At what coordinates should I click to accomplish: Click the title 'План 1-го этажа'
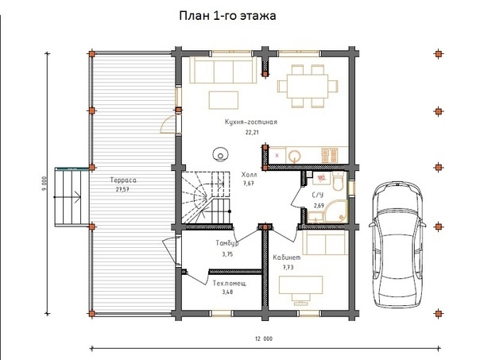tap(227, 16)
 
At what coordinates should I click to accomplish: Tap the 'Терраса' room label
tap(123, 180)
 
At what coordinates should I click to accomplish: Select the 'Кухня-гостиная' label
tap(250, 122)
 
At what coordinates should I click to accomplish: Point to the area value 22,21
tap(251, 133)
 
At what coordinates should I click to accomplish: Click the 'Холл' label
tap(249, 175)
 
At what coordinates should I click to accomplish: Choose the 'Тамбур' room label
tap(227, 243)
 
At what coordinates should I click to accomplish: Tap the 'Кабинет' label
tap(287, 257)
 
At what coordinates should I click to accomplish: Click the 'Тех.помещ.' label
tap(230, 284)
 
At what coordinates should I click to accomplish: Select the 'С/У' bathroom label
tap(317, 195)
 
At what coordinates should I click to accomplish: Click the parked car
tap(397, 244)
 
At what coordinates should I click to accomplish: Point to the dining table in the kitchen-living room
tap(308, 86)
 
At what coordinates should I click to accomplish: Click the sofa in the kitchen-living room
tap(223, 70)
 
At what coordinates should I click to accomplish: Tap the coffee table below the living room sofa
tap(223, 100)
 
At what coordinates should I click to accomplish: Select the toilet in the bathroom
tap(339, 182)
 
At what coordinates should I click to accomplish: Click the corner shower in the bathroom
tap(337, 211)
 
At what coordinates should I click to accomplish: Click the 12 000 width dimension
tap(264, 339)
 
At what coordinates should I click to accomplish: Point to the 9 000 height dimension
tap(45, 184)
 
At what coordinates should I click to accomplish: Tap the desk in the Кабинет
tap(300, 285)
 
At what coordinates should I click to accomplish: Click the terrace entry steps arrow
tap(68, 197)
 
